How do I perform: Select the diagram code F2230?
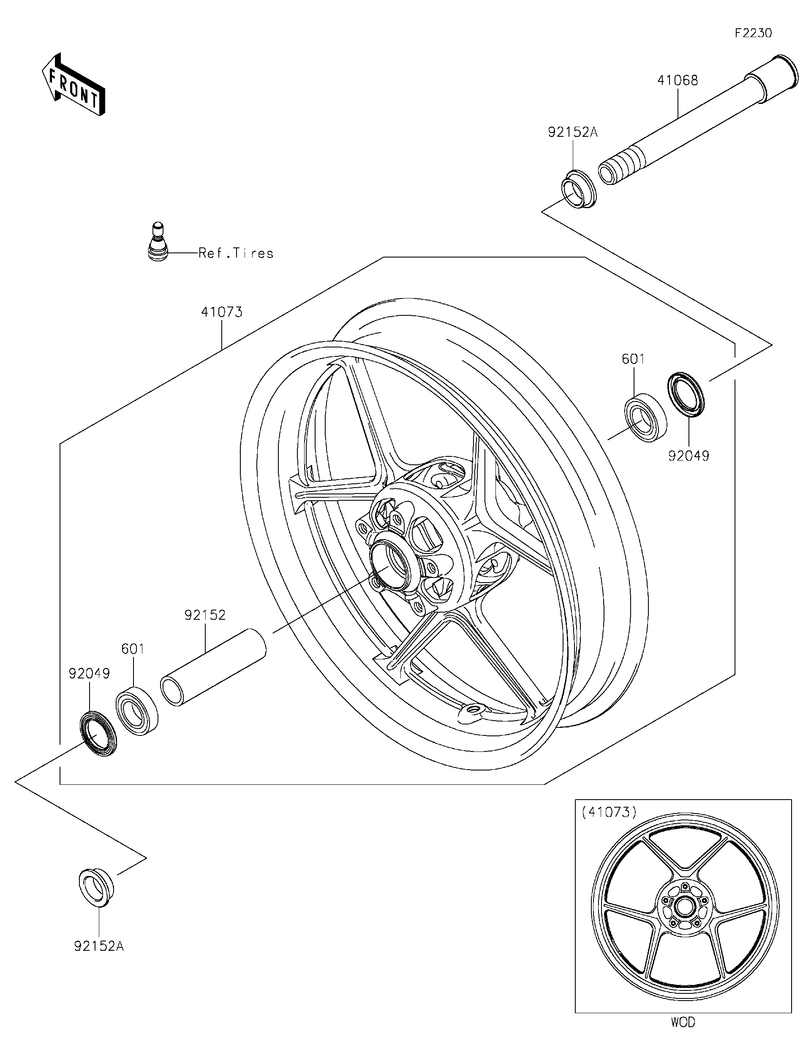click(x=754, y=33)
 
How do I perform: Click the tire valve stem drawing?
click(x=157, y=243)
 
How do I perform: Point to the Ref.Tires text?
click(x=236, y=253)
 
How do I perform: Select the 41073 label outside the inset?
click(x=222, y=312)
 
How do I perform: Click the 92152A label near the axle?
click(x=573, y=132)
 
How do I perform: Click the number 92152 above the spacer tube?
click(x=205, y=615)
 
